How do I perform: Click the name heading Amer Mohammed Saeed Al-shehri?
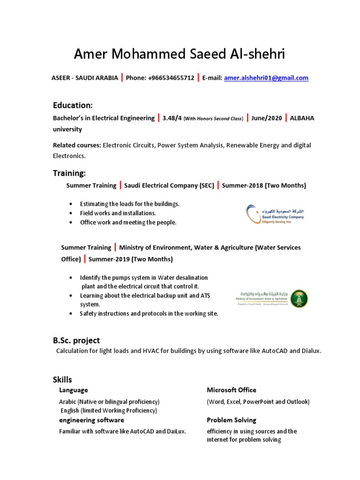click(x=179, y=55)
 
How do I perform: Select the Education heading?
click(x=72, y=105)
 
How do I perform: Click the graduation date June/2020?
click(x=266, y=118)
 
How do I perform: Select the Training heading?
click(x=69, y=173)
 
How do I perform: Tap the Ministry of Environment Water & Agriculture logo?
click(x=271, y=299)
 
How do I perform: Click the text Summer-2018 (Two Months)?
click(x=264, y=186)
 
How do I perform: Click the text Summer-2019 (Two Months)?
click(x=131, y=259)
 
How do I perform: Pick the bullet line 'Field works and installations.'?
click(x=118, y=213)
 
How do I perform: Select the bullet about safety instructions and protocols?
click(x=149, y=314)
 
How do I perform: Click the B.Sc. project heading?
click(x=76, y=340)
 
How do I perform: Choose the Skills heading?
click(x=62, y=379)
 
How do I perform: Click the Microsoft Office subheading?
click(x=232, y=390)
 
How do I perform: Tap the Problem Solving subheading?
click(x=232, y=420)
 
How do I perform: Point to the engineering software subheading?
click(x=89, y=420)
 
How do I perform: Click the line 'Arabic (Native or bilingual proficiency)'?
click(x=109, y=402)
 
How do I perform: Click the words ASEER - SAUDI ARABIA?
click(x=84, y=78)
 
